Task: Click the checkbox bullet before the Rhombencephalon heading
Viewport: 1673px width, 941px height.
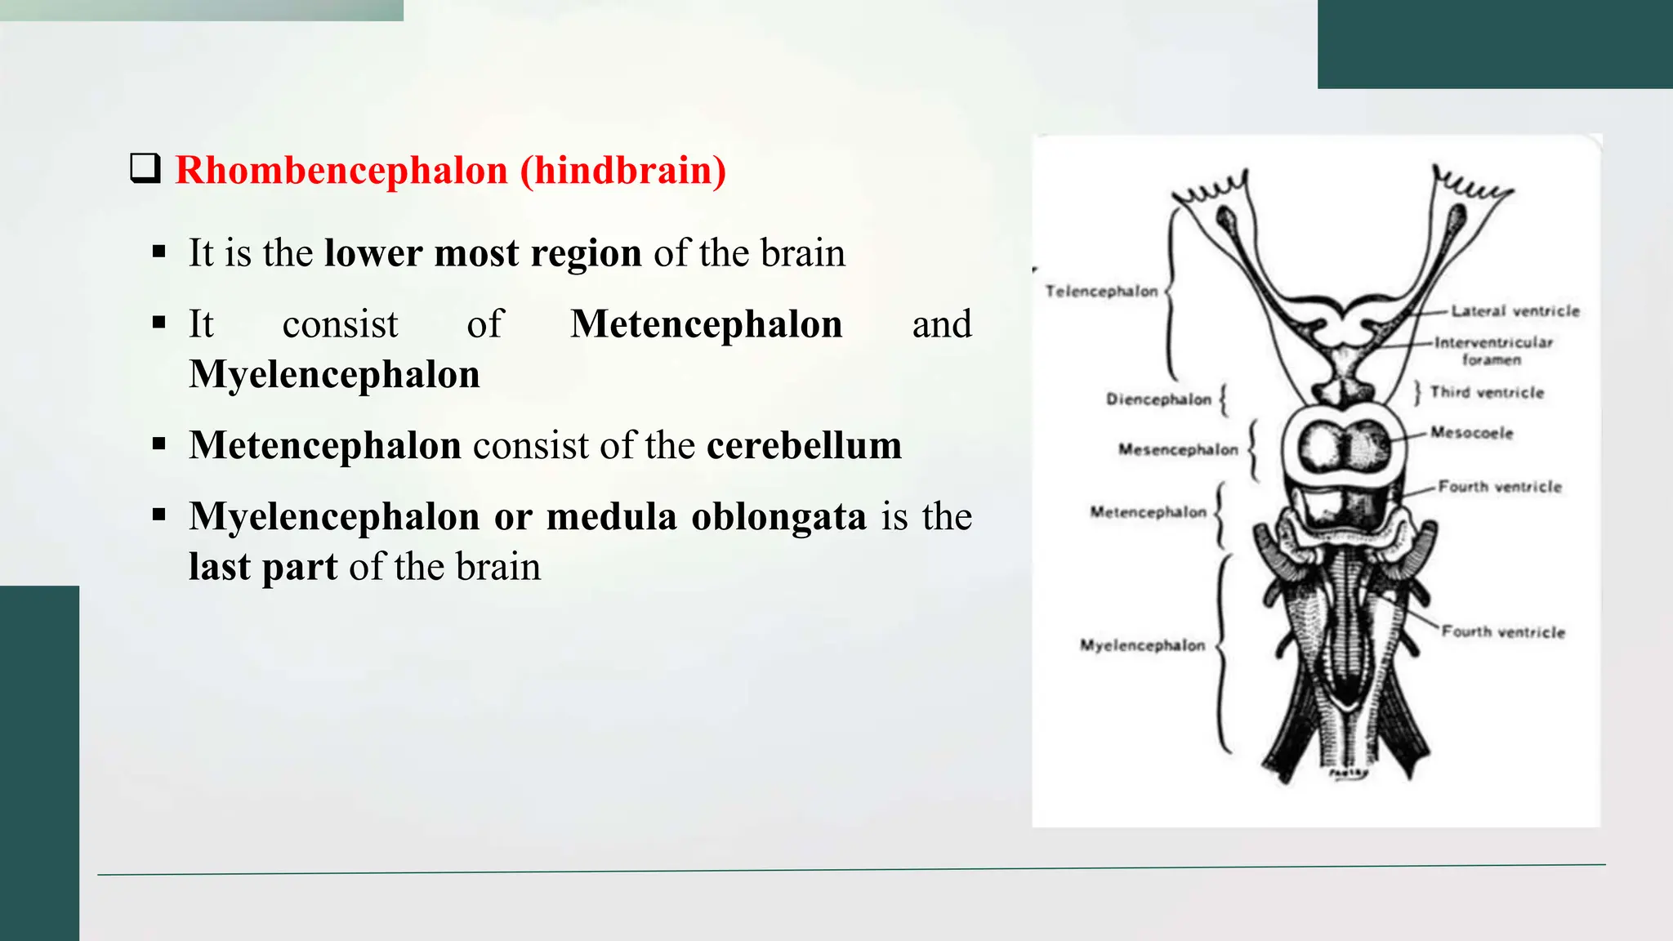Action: (x=145, y=168)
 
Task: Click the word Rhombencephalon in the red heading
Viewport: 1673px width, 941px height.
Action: (x=341, y=170)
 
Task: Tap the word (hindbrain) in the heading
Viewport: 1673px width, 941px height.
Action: (x=622, y=170)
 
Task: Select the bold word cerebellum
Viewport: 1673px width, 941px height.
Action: (x=804, y=446)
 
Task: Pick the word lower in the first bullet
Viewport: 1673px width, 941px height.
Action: (x=373, y=253)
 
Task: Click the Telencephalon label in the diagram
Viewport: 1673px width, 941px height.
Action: (x=1101, y=292)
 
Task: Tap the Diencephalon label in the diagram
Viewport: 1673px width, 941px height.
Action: (x=1158, y=399)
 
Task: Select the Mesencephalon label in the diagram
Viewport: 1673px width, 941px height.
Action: (x=1178, y=449)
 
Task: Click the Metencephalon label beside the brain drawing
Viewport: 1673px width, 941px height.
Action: (x=1148, y=512)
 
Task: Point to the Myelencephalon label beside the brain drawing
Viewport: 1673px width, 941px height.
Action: (x=1142, y=645)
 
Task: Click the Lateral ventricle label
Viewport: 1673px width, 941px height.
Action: (x=1515, y=311)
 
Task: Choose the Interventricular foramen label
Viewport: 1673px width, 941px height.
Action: (x=1493, y=350)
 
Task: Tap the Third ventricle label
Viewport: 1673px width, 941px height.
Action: (x=1487, y=393)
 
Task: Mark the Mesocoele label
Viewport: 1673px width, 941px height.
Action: (x=1471, y=433)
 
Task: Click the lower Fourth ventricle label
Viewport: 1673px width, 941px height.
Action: (x=1503, y=632)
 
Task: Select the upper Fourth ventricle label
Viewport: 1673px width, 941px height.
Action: (x=1500, y=487)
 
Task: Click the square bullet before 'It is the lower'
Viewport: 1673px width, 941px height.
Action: (x=159, y=252)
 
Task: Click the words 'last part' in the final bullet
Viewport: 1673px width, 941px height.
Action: (x=262, y=567)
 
